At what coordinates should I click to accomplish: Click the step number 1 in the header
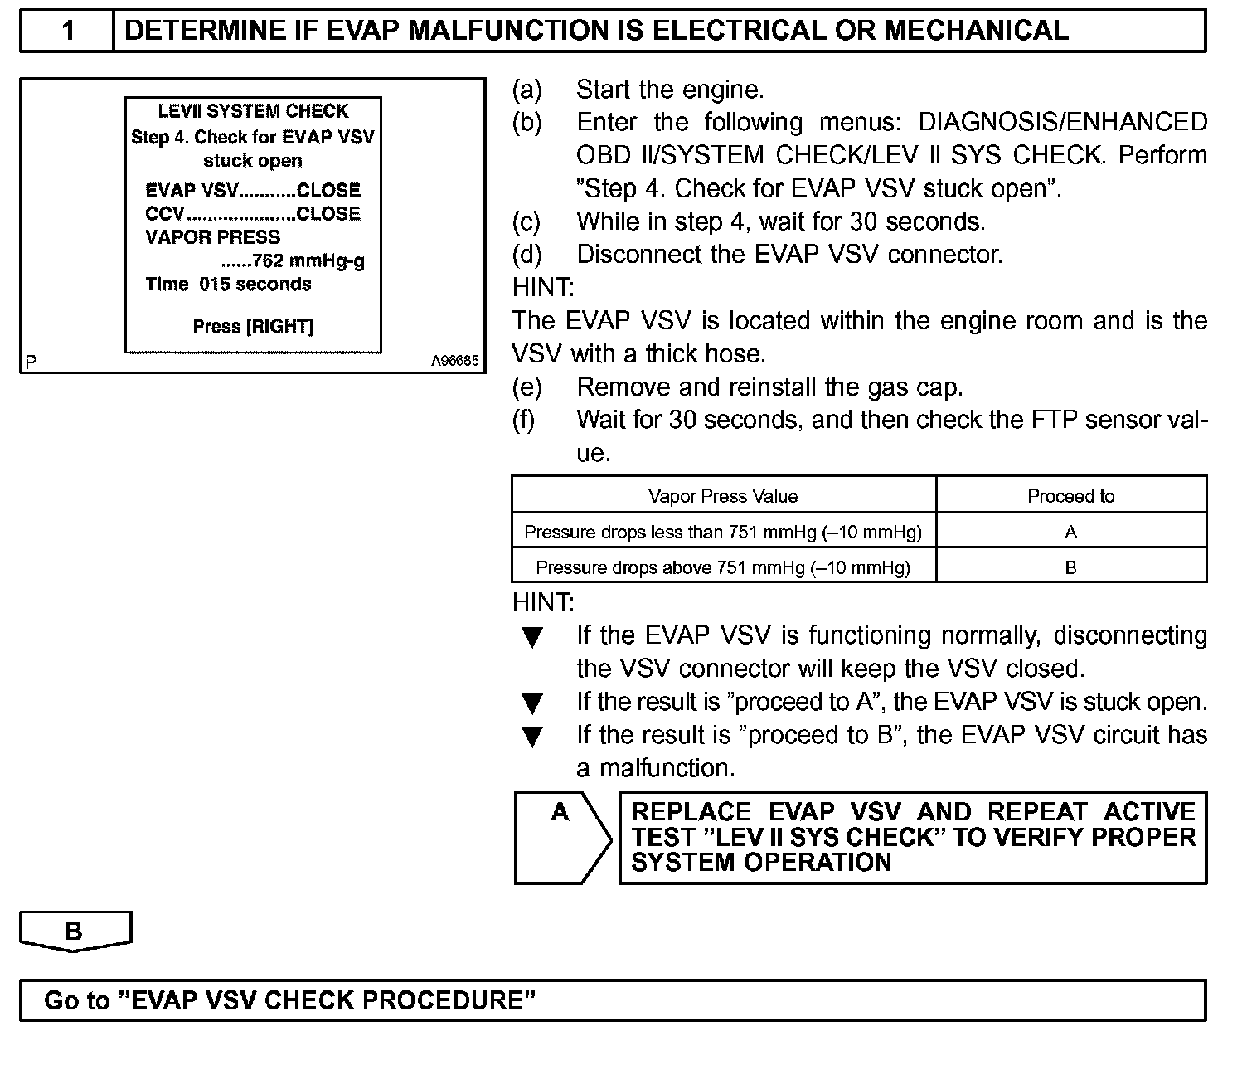pyautogui.click(x=68, y=32)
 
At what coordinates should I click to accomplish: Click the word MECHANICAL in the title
pyautogui.click(x=976, y=32)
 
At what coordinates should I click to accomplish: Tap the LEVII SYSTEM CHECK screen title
pyautogui.click(x=253, y=111)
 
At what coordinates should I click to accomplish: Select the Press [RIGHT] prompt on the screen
pyautogui.click(x=253, y=326)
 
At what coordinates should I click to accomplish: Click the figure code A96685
pyautogui.click(x=454, y=362)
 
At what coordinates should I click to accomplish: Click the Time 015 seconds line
pyautogui.click(x=228, y=285)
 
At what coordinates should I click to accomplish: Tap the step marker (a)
pyautogui.click(x=527, y=90)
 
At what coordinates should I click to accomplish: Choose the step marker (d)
pyautogui.click(x=527, y=255)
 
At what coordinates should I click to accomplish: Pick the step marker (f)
pyautogui.click(x=524, y=420)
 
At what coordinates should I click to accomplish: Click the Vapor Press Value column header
pyautogui.click(x=722, y=496)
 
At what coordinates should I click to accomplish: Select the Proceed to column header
pyautogui.click(x=1070, y=496)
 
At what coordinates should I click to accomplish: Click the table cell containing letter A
pyautogui.click(x=1070, y=532)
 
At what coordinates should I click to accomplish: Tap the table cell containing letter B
pyautogui.click(x=1070, y=567)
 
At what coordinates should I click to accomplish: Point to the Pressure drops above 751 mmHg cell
pyautogui.click(x=722, y=567)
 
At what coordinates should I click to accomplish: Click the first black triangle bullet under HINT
pyautogui.click(x=532, y=637)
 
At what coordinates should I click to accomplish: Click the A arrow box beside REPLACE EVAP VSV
pyautogui.click(x=561, y=838)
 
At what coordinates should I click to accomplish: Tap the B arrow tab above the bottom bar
pyautogui.click(x=75, y=932)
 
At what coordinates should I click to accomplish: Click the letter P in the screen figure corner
pyautogui.click(x=31, y=362)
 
